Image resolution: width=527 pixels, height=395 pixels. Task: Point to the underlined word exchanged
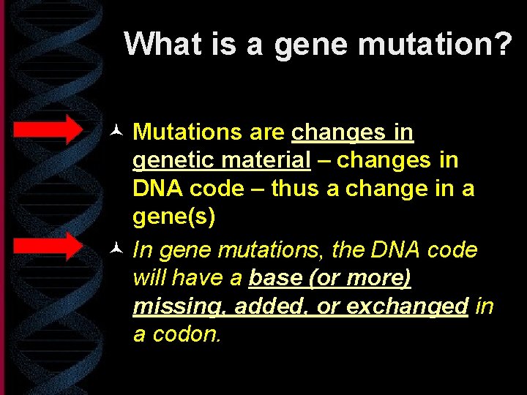(x=406, y=306)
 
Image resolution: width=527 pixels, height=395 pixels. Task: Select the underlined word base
(x=274, y=278)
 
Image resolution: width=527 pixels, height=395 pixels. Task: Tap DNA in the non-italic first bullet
(x=157, y=189)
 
